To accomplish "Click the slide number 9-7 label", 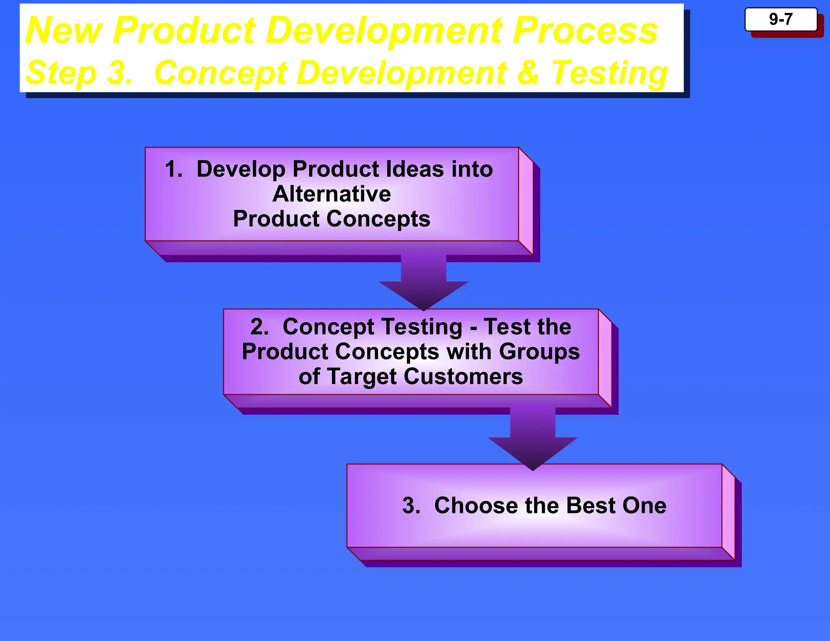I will pyautogui.click(x=781, y=19).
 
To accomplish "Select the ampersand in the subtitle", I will pyautogui.click(x=528, y=73).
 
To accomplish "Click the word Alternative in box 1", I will pyautogui.click(x=332, y=194).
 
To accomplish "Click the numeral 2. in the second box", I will pyautogui.click(x=259, y=327).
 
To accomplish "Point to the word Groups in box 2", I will pyautogui.click(x=539, y=351).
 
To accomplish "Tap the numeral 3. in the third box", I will pyautogui.click(x=411, y=506).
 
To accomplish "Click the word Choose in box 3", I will pyautogui.click(x=476, y=506).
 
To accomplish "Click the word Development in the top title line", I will pyautogui.click(x=384, y=31).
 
